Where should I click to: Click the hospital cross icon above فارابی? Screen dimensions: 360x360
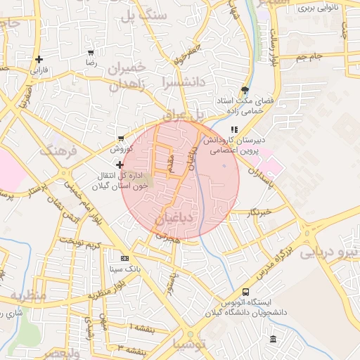click(x=39, y=59)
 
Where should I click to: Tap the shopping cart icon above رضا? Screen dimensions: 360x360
click(x=91, y=52)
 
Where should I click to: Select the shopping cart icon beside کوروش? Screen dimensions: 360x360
click(x=122, y=139)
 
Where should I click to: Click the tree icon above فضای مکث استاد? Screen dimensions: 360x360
click(x=244, y=90)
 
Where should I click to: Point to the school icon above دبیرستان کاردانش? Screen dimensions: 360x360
click(x=234, y=129)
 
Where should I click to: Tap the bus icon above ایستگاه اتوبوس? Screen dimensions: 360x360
click(x=245, y=292)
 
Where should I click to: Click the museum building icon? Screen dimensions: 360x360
click(x=273, y=340)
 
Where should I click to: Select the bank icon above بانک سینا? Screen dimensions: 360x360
click(x=124, y=258)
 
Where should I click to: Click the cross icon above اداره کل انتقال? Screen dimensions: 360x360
click(x=119, y=164)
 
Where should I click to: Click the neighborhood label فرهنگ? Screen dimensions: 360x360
click(x=57, y=151)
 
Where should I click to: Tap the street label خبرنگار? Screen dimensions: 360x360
click(x=260, y=211)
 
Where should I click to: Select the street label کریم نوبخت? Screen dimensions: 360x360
click(x=82, y=244)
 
